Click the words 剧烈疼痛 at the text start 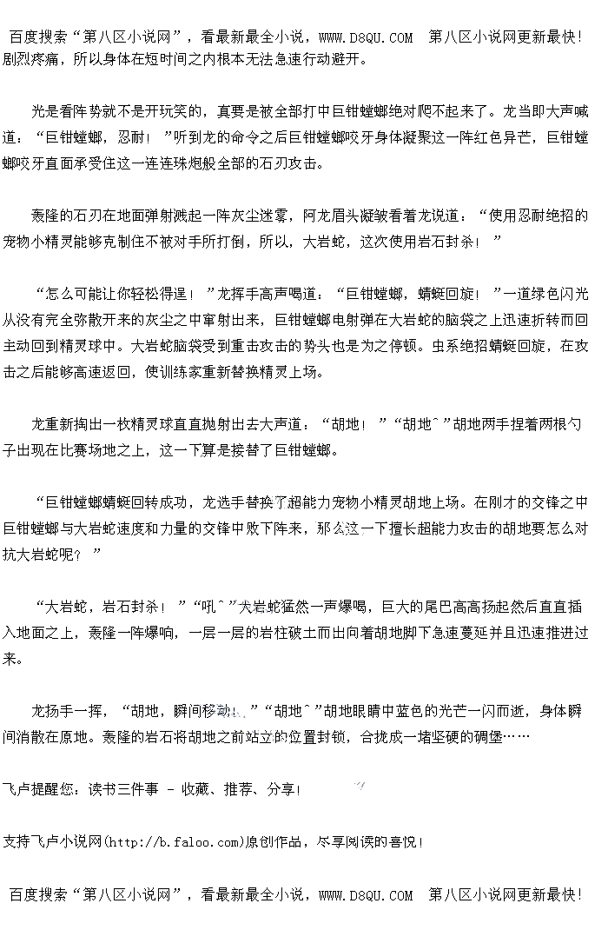(31, 59)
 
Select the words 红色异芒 (494, 137)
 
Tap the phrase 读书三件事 (122, 789)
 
